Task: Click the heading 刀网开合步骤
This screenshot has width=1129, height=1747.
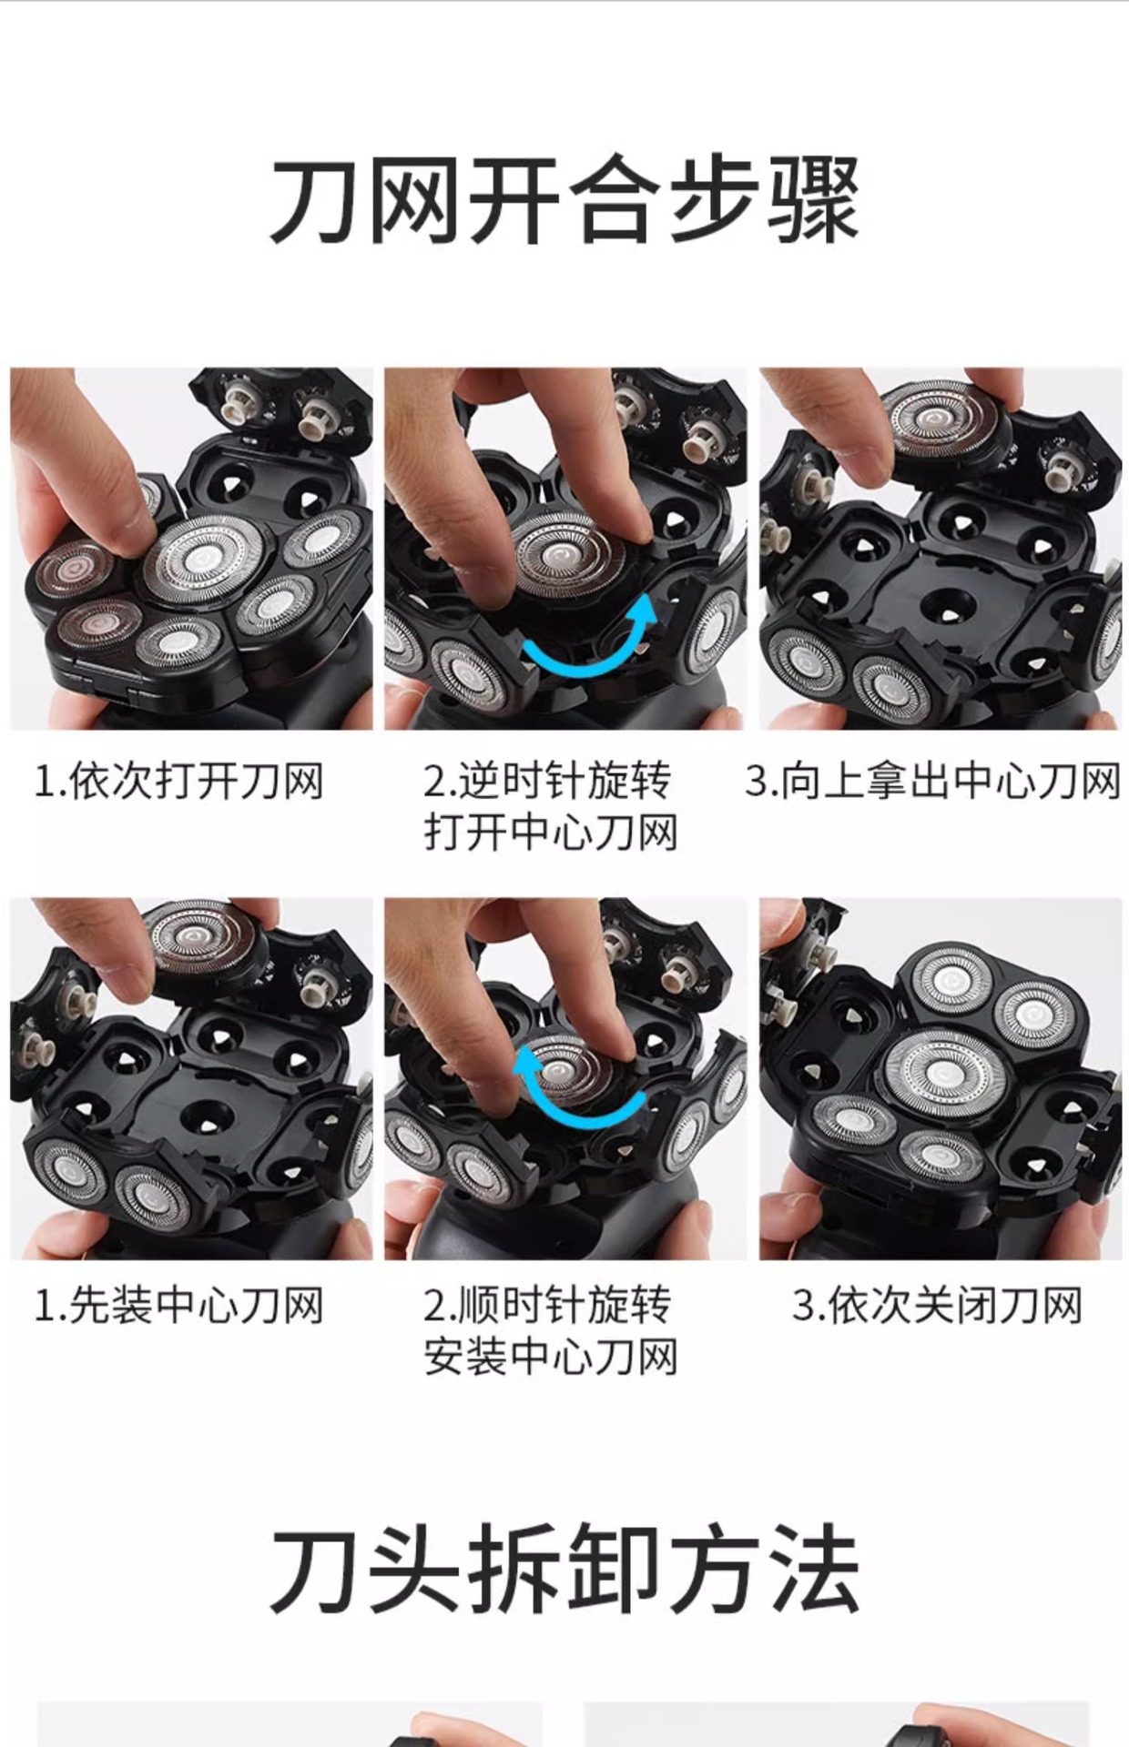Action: [564, 200]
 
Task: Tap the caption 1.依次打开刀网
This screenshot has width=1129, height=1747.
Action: [178, 782]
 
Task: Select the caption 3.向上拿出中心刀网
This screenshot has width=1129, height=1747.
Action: [932, 782]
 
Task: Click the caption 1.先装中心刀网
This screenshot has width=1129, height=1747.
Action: [178, 1306]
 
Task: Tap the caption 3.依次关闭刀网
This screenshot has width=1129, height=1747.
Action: [937, 1306]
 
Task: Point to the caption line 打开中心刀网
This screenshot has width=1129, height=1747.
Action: [551, 833]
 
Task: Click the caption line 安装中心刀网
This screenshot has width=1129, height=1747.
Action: [551, 1357]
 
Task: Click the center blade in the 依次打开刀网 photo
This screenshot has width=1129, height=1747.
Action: [202, 560]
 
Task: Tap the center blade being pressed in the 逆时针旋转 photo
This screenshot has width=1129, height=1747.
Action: [564, 555]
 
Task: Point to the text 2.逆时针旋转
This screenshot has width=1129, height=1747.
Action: [546, 782]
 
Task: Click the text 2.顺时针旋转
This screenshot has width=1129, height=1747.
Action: [546, 1306]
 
